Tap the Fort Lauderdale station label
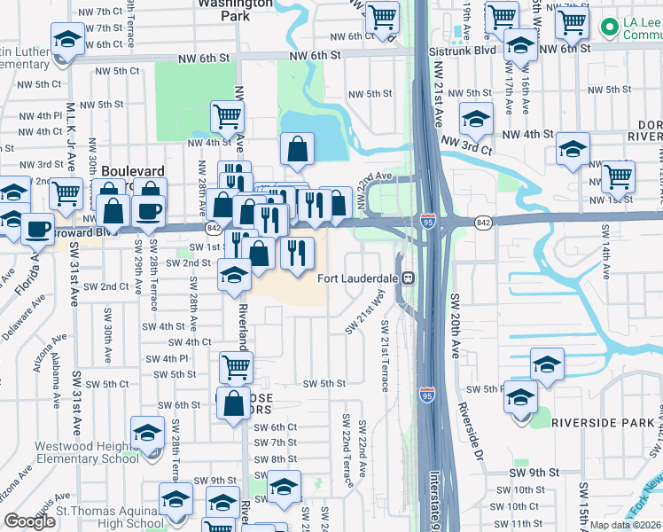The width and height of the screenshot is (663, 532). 358,278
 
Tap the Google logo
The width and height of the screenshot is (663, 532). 30,521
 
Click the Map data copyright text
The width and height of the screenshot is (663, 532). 624,525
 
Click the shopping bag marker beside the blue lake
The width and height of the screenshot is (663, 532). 298,152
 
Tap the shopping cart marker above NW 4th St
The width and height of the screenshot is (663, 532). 228,116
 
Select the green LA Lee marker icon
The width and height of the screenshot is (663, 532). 609,27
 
